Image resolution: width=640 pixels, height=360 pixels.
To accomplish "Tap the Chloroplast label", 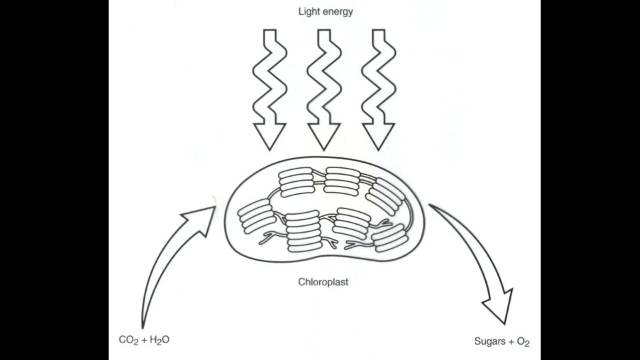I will (323, 282).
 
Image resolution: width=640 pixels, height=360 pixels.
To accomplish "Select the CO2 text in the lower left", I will (127, 340).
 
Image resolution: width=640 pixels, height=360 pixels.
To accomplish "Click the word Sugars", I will (489, 343).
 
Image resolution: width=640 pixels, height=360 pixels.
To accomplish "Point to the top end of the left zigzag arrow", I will (270, 32).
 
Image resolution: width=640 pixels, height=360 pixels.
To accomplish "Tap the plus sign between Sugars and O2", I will (512, 343).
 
